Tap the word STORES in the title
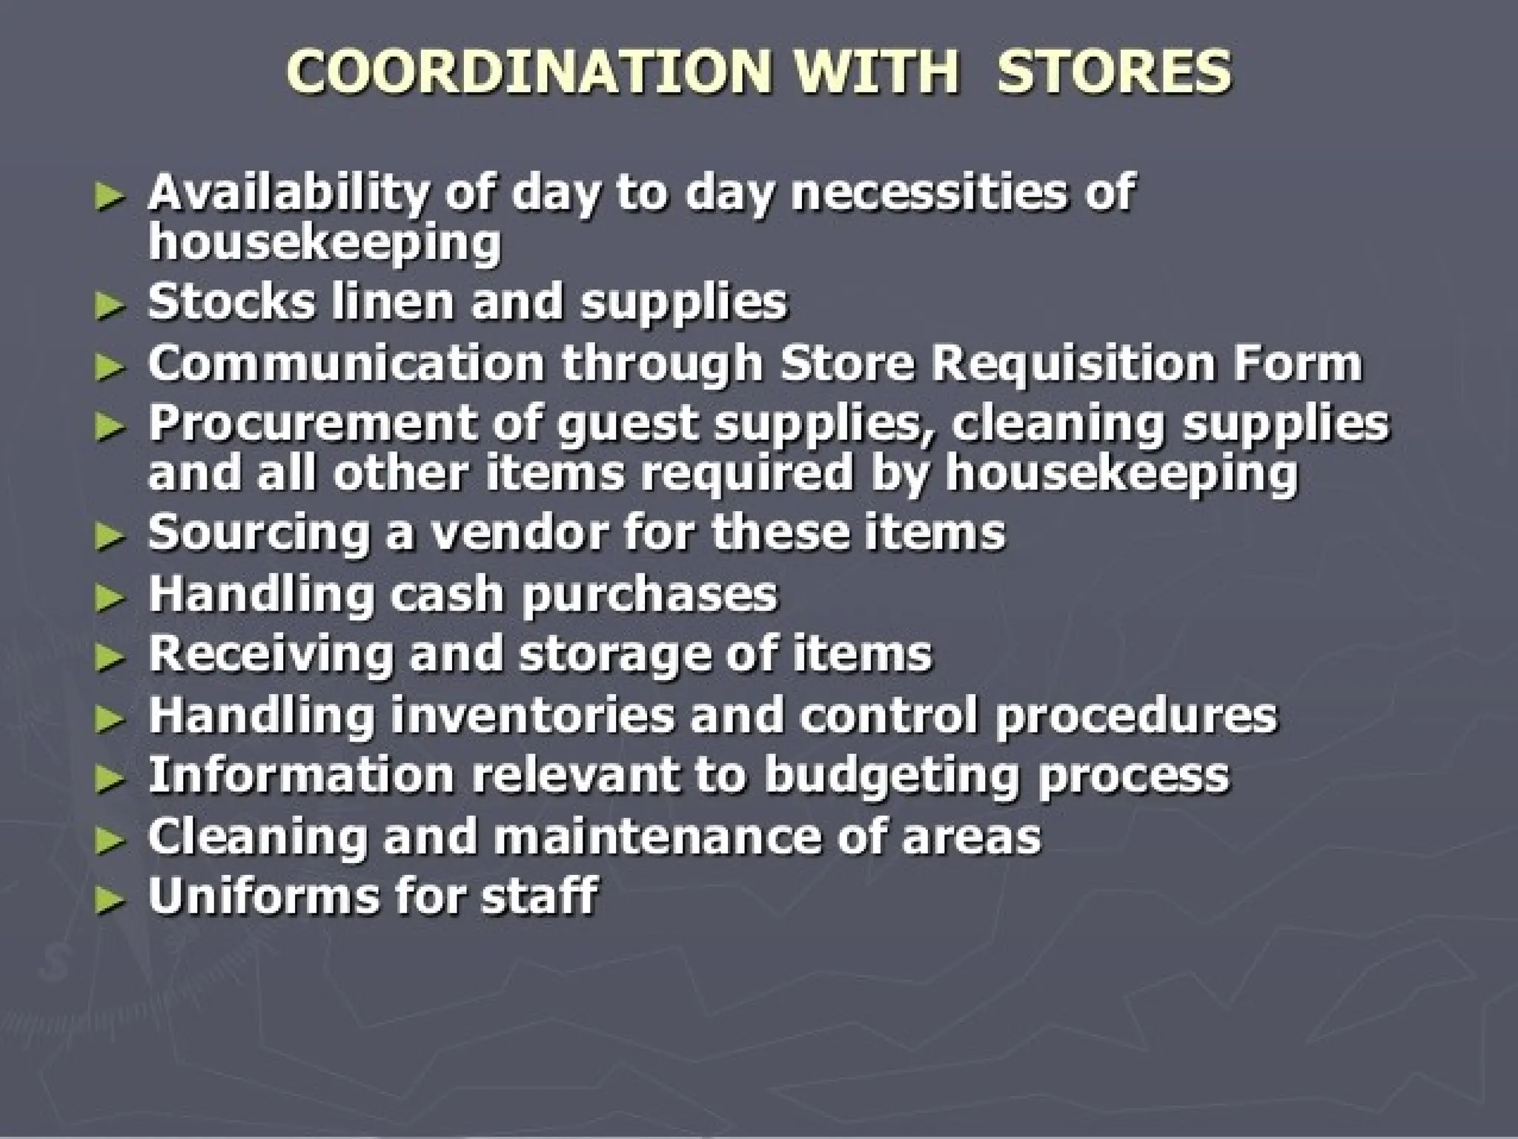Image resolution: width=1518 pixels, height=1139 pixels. click(1114, 72)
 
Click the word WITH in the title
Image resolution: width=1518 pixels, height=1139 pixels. click(878, 72)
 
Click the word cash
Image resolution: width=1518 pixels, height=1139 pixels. click(446, 593)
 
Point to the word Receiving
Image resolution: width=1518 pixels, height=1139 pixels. click(270, 654)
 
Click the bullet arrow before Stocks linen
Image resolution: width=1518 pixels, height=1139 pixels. click(110, 306)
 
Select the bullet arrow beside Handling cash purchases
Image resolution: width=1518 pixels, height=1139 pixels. click(110, 597)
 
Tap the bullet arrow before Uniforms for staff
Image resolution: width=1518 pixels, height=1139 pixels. click(110, 899)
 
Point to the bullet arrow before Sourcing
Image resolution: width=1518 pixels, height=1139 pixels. click(110, 536)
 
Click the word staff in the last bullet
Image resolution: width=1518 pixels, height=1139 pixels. click(539, 896)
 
